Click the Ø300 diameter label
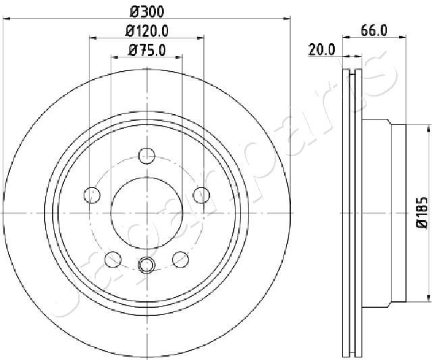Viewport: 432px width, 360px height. click(146, 11)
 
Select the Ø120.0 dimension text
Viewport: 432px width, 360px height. click(146, 31)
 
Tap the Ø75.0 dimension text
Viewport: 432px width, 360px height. click(147, 51)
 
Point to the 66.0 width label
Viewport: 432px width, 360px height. click(374, 30)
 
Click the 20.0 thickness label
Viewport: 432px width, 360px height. click(321, 50)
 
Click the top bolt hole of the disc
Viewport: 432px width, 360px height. click(146, 156)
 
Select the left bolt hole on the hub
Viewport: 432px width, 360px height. click(92, 195)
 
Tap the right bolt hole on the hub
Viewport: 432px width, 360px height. click(201, 195)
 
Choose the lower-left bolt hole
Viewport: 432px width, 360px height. click(113, 259)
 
